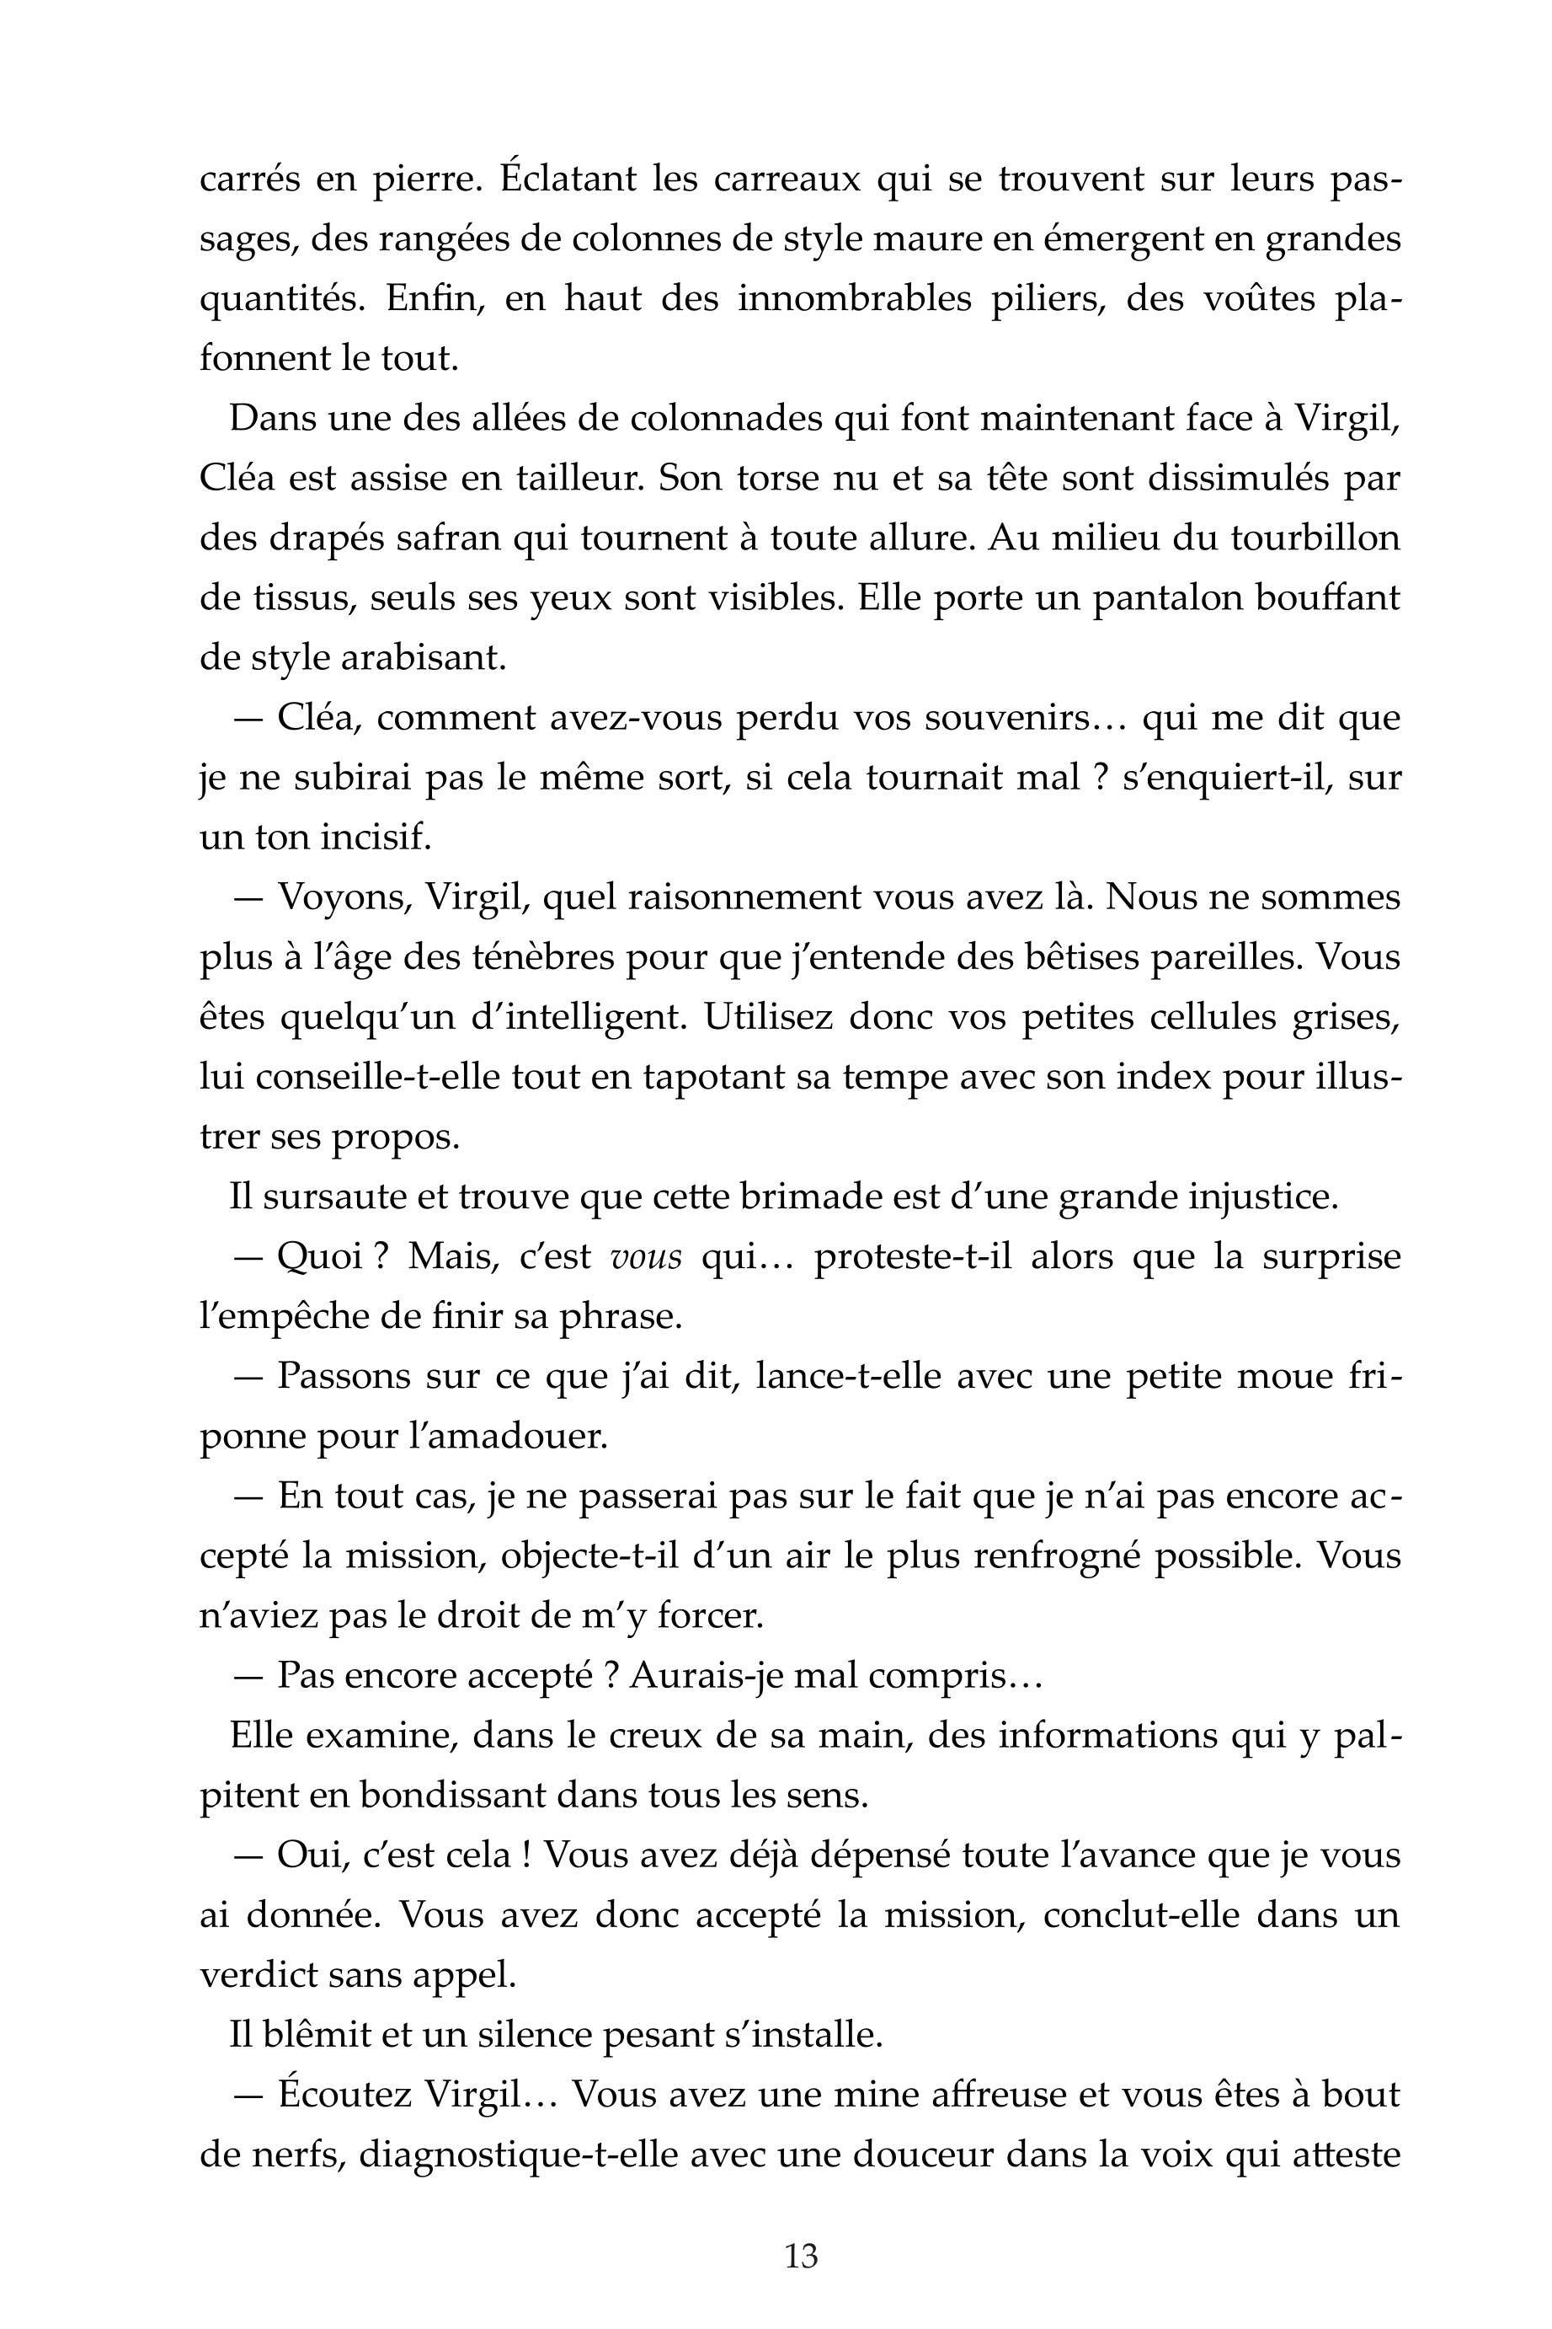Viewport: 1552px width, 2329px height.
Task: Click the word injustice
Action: [x=1263, y=1197]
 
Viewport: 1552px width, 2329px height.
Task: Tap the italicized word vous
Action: [x=648, y=1257]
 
